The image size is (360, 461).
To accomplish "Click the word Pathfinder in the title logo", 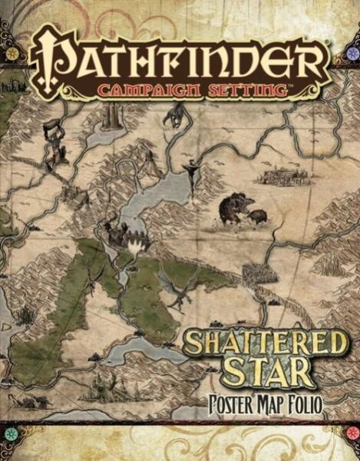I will [180, 55].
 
